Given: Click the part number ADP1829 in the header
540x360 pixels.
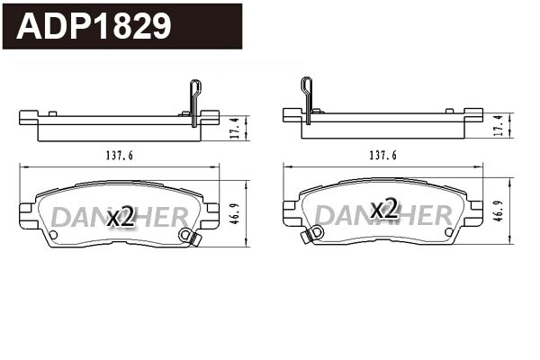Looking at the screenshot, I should (94, 26).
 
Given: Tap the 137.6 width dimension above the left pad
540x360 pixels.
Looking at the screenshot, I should (119, 156).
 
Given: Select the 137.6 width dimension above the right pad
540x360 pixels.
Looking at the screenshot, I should (382, 156).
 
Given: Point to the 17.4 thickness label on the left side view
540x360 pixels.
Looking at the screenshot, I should (235, 127).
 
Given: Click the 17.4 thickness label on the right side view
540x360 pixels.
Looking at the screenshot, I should (499, 127).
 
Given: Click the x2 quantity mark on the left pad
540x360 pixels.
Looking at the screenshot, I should (121, 216).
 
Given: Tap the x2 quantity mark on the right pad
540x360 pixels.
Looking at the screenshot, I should (384, 210).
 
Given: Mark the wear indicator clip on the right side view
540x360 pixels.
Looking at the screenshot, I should (306, 97).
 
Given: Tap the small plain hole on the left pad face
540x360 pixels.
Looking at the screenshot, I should (52, 235).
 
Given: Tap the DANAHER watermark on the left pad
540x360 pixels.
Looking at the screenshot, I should (119, 217).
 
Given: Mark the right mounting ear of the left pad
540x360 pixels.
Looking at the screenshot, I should (211, 214).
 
